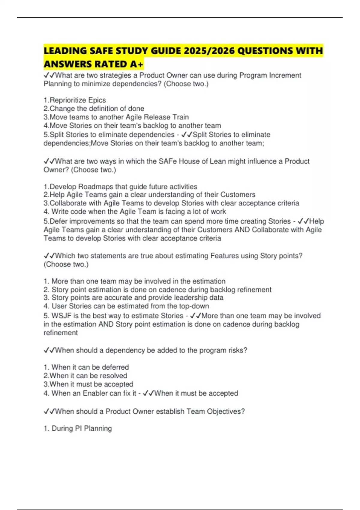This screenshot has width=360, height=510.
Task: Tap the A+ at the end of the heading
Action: point(136,64)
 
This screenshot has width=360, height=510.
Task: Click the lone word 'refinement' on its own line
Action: point(61,332)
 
